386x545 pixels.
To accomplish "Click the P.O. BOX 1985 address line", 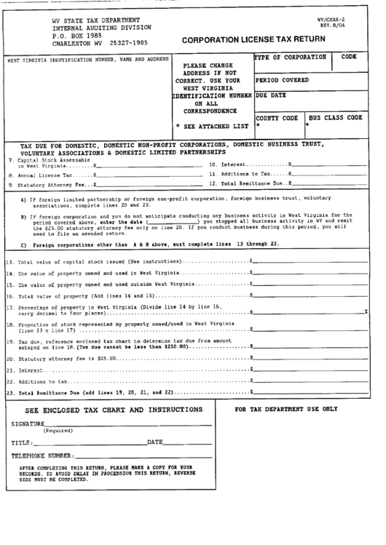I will tap(77, 34).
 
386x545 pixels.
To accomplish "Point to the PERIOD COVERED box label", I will tap(282, 80).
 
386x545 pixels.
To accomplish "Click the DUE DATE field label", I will tap(272, 95).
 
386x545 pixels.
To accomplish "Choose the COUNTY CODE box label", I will tap(277, 118).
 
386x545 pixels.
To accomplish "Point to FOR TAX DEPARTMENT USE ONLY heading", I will tap(286, 410).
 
